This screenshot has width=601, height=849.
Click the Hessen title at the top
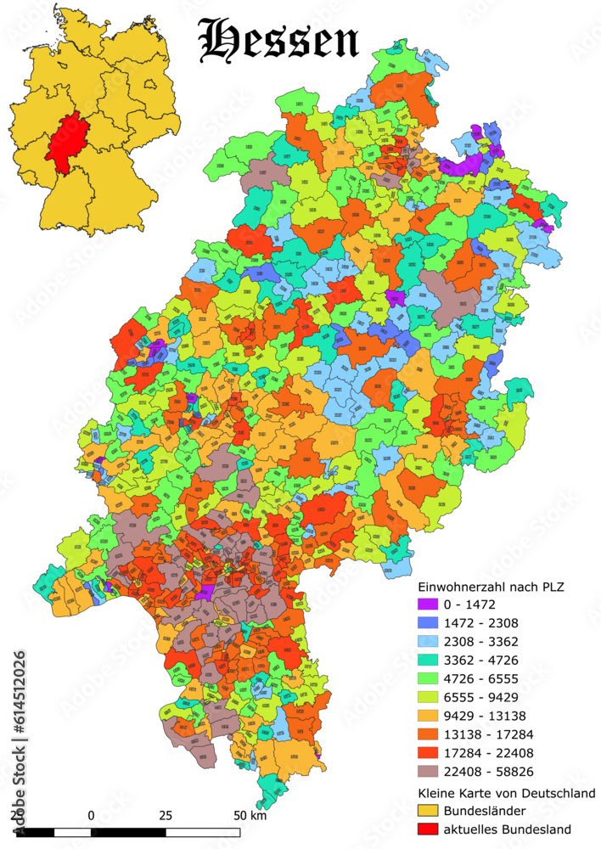point(278,40)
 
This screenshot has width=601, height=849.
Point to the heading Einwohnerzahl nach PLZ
point(491,587)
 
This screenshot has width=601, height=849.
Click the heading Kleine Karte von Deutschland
point(507,793)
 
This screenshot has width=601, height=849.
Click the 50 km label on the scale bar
point(250,815)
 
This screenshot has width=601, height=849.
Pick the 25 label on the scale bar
point(166,815)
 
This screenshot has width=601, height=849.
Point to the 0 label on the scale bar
point(91,815)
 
